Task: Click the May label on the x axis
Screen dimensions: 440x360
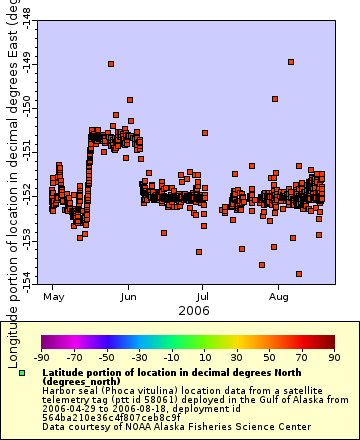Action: click(x=54, y=297)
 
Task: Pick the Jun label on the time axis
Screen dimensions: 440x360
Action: click(x=129, y=297)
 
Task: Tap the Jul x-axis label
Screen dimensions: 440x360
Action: click(x=203, y=297)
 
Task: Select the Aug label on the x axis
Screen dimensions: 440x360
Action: click(x=279, y=297)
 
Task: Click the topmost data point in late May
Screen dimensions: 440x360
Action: click(x=111, y=64)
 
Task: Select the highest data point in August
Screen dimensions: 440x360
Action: click(x=291, y=62)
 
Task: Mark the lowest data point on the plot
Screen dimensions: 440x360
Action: click(x=299, y=274)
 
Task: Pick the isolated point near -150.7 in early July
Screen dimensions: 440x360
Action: click(x=205, y=133)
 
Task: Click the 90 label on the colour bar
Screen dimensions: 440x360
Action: click(x=333, y=356)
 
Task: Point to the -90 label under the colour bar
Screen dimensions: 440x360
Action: click(x=42, y=356)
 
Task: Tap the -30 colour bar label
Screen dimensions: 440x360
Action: click(x=139, y=356)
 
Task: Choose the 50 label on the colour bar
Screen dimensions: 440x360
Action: click(x=269, y=356)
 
